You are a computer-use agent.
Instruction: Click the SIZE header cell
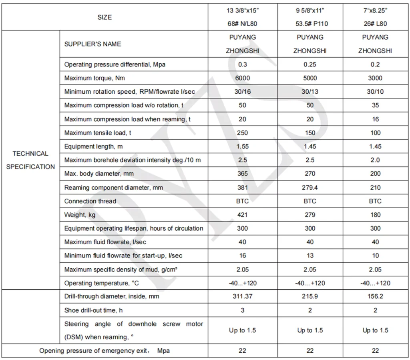point(105,17)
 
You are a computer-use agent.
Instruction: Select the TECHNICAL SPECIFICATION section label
point(30,160)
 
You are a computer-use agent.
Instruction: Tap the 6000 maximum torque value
point(242,78)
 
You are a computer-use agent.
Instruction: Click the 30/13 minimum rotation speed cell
point(310,92)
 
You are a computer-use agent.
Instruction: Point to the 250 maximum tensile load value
point(242,133)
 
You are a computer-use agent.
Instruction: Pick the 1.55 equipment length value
point(242,146)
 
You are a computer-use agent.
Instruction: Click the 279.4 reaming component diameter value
point(310,187)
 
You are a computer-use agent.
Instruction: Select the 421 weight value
point(242,215)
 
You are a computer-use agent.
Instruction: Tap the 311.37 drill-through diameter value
point(242,296)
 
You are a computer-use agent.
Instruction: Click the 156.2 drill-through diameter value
point(375,296)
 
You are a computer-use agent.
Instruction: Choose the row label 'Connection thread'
point(90,201)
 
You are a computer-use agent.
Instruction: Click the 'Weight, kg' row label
point(80,215)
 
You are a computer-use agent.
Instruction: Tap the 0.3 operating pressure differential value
point(242,64)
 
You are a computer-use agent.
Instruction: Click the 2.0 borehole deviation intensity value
point(375,160)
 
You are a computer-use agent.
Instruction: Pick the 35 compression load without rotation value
point(375,105)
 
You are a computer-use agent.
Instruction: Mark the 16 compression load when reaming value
point(375,119)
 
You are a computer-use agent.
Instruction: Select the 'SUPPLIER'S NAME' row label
point(92,44)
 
